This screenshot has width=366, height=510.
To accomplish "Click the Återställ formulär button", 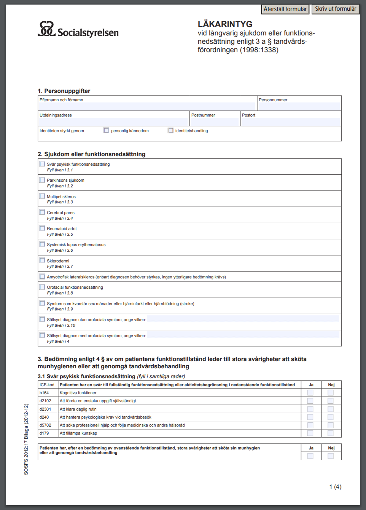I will (285, 9).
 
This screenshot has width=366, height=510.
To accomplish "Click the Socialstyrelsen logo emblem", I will (46, 29).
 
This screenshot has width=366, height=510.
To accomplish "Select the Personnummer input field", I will (299, 106).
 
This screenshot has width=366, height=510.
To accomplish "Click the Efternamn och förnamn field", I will (147, 106).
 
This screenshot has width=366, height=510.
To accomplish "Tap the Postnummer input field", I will (215, 122).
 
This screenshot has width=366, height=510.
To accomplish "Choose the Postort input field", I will (291, 122).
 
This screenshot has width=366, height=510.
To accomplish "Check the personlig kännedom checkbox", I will (107, 131).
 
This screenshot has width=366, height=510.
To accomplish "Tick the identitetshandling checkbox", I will (171, 131).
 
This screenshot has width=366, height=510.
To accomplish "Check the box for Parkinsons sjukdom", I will (42, 180).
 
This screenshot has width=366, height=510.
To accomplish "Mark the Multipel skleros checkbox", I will (42, 196).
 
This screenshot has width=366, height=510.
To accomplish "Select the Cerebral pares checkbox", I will (42, 212).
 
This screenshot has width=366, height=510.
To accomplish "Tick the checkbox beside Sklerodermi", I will (42, 261).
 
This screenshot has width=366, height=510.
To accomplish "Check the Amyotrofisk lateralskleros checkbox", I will (42, 277).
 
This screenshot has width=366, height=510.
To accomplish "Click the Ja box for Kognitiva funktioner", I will (310, 393).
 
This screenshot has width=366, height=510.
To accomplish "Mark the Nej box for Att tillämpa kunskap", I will (331, 433).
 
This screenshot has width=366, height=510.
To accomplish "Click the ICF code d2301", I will (45, 409).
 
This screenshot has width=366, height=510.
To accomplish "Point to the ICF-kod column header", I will (47, 385).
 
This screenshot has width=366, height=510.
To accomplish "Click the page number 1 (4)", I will (335, 487).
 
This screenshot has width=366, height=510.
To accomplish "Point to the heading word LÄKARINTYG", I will (225, 24).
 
